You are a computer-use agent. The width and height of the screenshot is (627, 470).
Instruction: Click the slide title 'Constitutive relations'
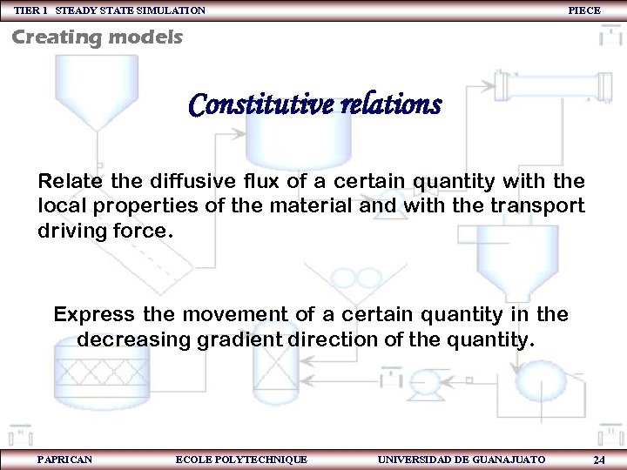[x=314, y=105]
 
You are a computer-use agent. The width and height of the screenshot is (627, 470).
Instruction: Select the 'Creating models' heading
[x=97, y=37]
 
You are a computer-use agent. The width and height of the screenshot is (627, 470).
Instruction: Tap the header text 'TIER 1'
[x=30, y=10]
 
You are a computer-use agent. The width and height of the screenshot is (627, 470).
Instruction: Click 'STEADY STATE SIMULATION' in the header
[x=131, y=10]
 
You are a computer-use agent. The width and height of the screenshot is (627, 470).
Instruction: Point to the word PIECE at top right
[x=583, y=10]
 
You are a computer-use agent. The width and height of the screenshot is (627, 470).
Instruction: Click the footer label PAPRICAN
[x=65, y=459]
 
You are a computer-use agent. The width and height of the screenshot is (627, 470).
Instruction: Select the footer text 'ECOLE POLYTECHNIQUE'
[x=241, y=459]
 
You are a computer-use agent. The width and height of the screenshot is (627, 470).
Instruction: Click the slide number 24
[x=599, y=459]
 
